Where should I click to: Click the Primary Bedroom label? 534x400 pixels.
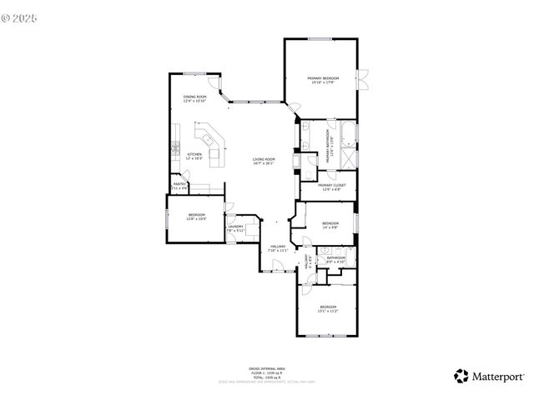[323, 79]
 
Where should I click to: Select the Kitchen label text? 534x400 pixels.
[194, 156]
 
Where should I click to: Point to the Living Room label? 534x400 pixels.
[264, 161]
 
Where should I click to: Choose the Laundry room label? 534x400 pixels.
[234, 228]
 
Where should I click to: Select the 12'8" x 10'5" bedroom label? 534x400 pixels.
[196, 217]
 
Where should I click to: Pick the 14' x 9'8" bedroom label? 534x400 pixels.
[330, 224]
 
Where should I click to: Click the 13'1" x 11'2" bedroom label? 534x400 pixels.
[328, 309]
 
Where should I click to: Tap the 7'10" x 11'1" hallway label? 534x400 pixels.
[278, 248]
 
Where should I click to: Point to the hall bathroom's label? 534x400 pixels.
[336, 260]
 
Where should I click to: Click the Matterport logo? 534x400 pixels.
[489, 376]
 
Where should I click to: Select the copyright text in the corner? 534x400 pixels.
[21, 15]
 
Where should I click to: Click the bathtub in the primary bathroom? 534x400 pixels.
[345, 133]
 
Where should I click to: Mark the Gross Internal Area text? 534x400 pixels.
[267, 368]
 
